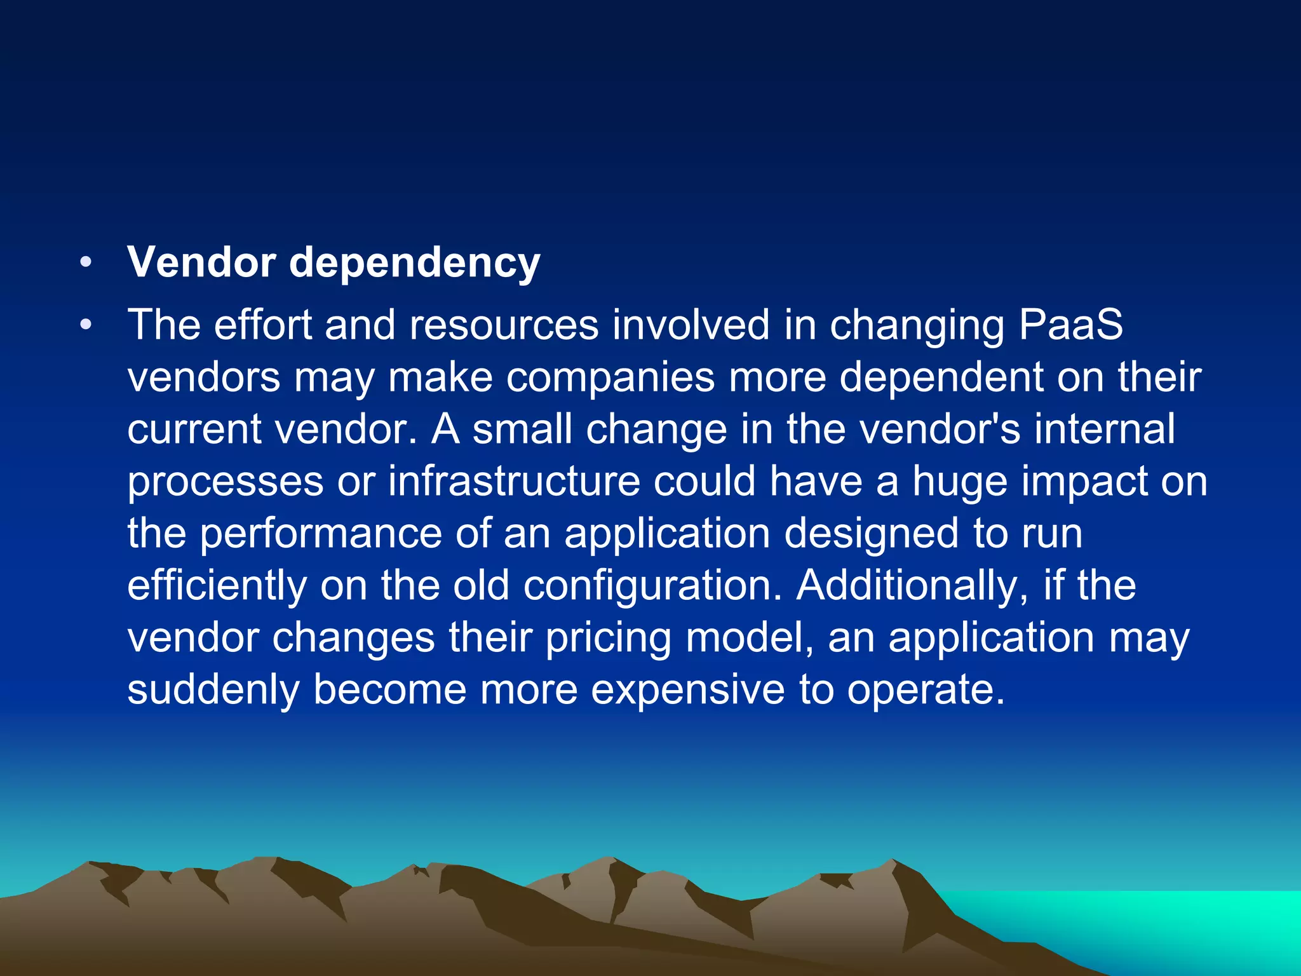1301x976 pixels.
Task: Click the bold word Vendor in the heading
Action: pyautogui.click(x=201, y=262)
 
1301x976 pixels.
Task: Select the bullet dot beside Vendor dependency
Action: pyautogui.click(x=86, y=262)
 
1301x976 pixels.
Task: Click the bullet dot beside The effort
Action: pyautogui.click(x=86, y=325)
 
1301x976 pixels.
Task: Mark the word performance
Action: pyautogui.click(x=321, y=534)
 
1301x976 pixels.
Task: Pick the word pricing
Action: pyautogui.click(x=609, y=638)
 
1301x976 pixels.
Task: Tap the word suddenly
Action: pyautogui.click(x=213, y=689)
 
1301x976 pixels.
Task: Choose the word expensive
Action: pyautogui.click(x=688, y=691)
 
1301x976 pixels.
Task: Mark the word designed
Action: pyautogui.click(x=871, y=534)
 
